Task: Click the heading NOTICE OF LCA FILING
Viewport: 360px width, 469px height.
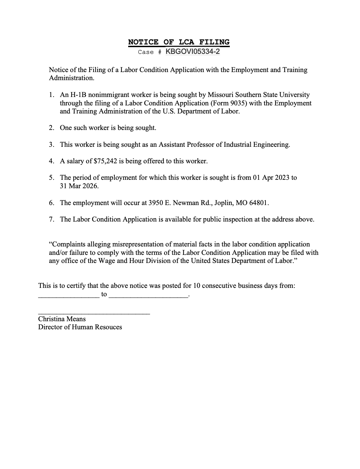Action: pyautogui.click(x=179, y=42)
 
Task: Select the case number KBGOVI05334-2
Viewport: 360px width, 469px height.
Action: pyautogui.click(x=193, y=52)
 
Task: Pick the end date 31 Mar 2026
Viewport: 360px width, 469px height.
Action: pyautogui.click(x=79, y=186)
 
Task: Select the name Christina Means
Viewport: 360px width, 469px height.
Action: pyautogui.click(x=62, y=319)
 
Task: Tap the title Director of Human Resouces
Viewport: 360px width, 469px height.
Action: pyautogui.click(x=80, y=327)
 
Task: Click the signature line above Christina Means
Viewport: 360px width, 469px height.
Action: pyautogui.click(x=94, y=314)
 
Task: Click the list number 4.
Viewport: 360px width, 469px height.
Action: pyautogui.click(x=51, y=161)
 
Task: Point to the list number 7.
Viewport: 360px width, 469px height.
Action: pyautogui.click(x=51, y=219)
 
